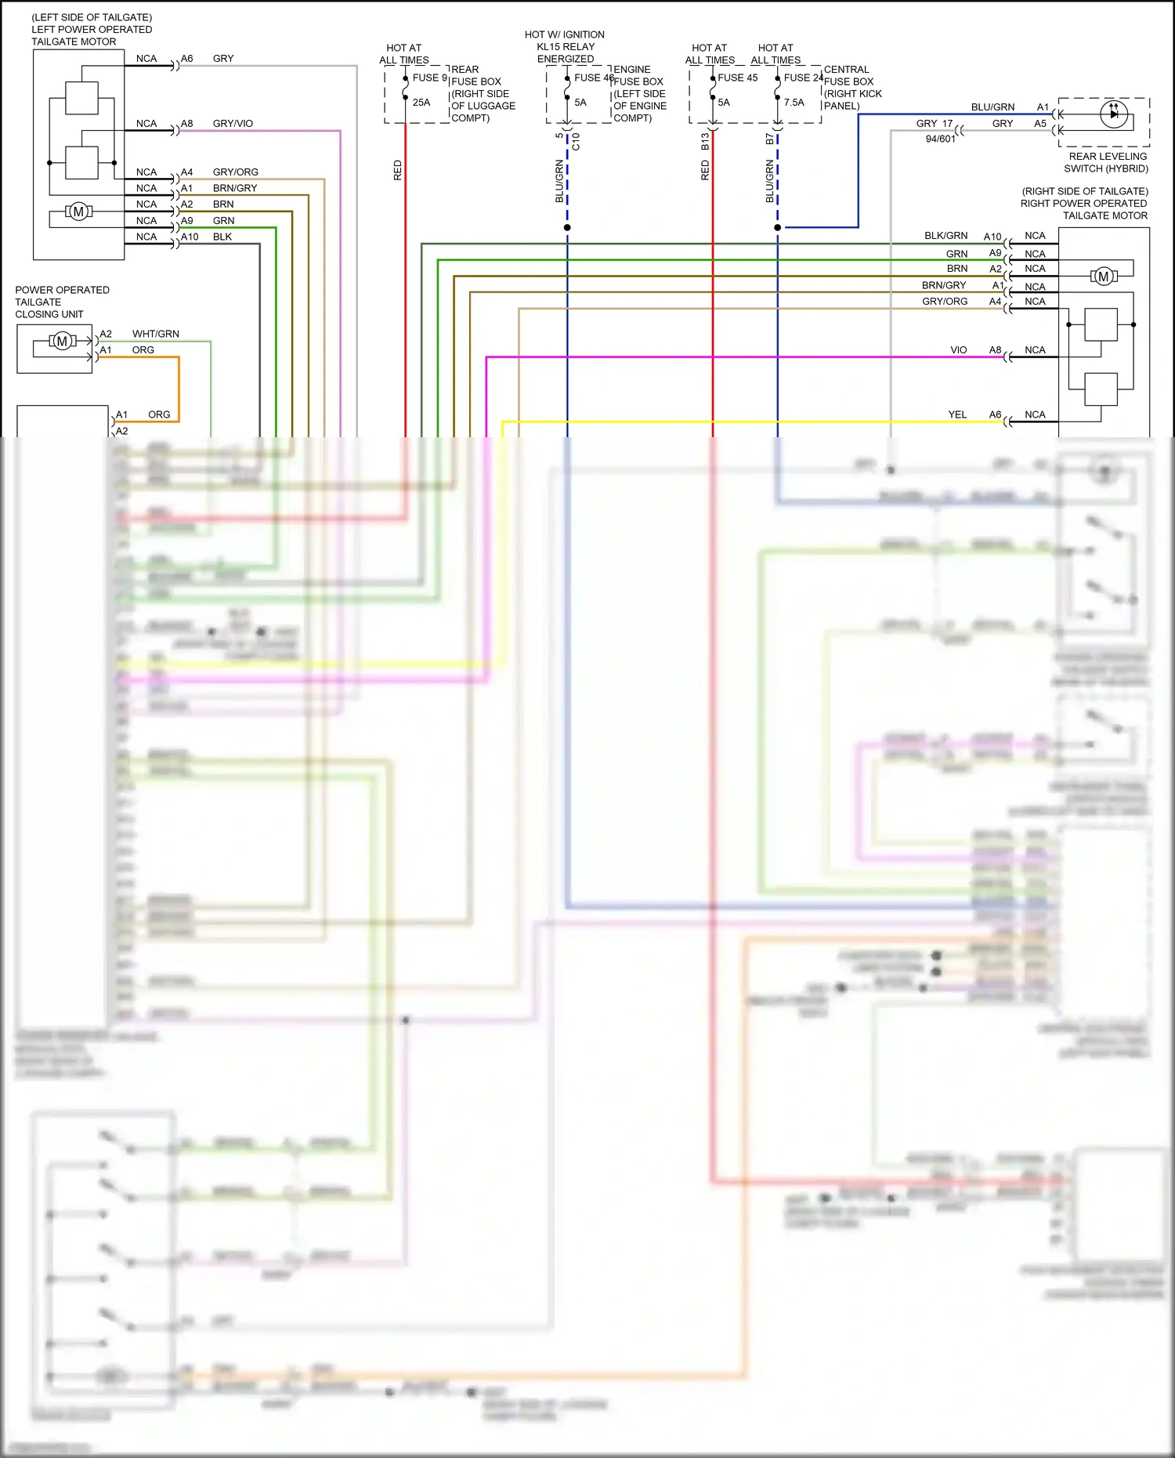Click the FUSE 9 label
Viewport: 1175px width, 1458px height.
coord(429,78)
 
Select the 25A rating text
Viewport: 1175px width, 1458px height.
coord(421,103)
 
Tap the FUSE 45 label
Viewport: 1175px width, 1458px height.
coord(737,78)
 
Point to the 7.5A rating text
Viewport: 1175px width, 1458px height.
coord(794,103)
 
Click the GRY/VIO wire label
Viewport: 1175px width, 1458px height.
coord(233,124)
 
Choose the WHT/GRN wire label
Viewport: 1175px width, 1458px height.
coord(155,334)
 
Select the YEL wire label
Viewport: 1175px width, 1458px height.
coord(957,414)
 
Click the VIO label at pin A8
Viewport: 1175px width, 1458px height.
coord(958,350)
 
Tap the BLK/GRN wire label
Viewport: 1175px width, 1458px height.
coord(945,236)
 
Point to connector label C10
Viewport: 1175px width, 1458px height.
coord(576,141)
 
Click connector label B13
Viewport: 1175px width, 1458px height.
coord(705,141)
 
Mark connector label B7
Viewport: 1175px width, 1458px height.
coord(769,139)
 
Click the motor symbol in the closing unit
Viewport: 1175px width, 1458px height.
coord(63,341)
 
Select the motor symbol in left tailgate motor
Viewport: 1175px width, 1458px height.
coord(78,212)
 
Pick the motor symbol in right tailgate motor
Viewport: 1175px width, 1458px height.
coord(1103,277)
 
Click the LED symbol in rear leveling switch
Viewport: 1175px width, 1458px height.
coord(1113,114)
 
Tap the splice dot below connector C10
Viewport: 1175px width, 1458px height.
coord(567,228)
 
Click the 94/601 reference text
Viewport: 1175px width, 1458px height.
coord(940,139)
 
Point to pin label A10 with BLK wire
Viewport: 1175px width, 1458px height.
coord(190,237)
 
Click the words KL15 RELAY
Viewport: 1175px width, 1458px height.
coord(566,47)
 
